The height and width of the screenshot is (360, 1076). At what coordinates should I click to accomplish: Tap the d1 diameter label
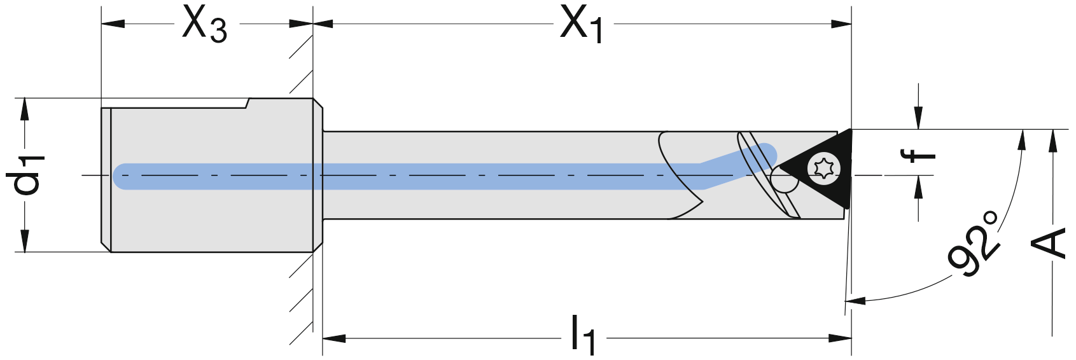[x=25, y=174]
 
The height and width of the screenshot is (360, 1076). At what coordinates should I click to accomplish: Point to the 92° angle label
[x=974, y=245]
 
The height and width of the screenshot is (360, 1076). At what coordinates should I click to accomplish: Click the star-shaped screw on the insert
[x=824, y=169]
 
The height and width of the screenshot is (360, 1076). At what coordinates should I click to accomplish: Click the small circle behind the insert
[x=785, y=179]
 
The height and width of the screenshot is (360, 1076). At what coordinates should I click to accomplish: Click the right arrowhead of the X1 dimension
[x=841, y=24]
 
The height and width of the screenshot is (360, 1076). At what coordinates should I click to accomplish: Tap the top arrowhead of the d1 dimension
[x=24, y=109]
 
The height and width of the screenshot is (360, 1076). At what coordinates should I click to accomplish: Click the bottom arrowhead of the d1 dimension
[x=24, y=241]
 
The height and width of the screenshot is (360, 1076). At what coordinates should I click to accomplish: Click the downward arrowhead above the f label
[x=918, y=118]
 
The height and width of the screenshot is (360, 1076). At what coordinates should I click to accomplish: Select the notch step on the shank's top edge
[x=248, y=103]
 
